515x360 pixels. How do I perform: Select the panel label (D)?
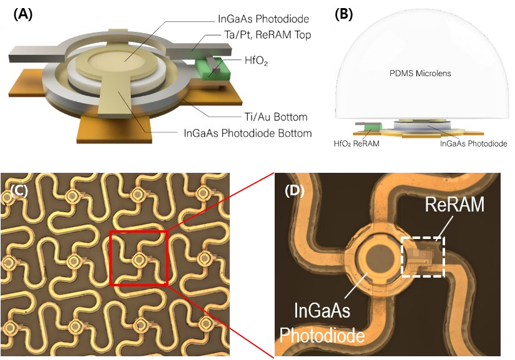pyautogui.click(x=293, y=192)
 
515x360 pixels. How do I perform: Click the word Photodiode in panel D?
pyautogui.click(x=321, y=336)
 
